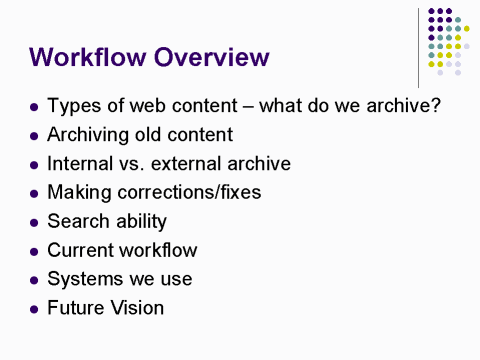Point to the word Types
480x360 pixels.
72,106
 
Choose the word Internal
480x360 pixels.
83,164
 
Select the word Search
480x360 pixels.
78,221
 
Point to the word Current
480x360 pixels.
80,250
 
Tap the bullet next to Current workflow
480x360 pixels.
35,251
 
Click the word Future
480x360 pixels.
77,307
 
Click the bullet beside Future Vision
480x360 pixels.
35,308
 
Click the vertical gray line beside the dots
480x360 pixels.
419,45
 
